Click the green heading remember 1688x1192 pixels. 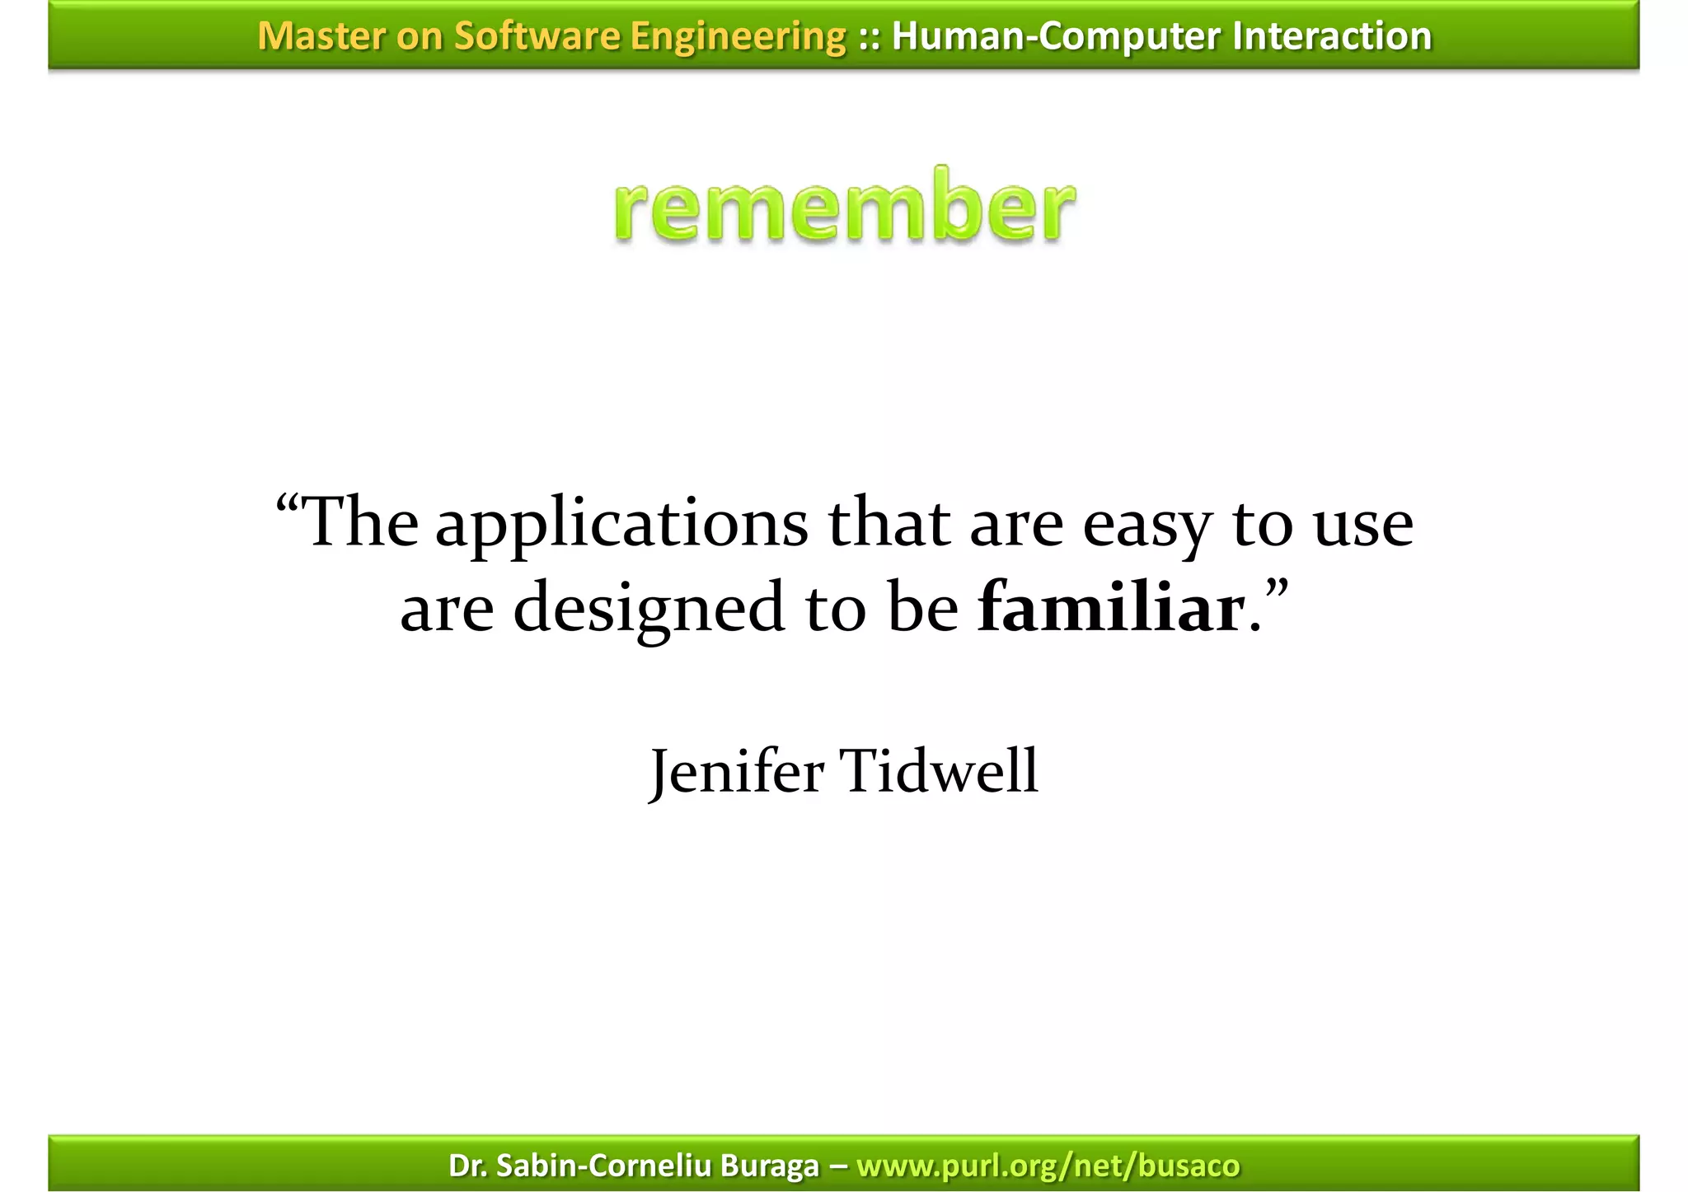point(844,206)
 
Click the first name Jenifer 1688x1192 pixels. point(737,773)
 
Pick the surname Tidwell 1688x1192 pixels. point(939,771)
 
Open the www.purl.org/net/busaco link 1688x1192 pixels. point(1048,1166)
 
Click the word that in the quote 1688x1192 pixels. point(889,524)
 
